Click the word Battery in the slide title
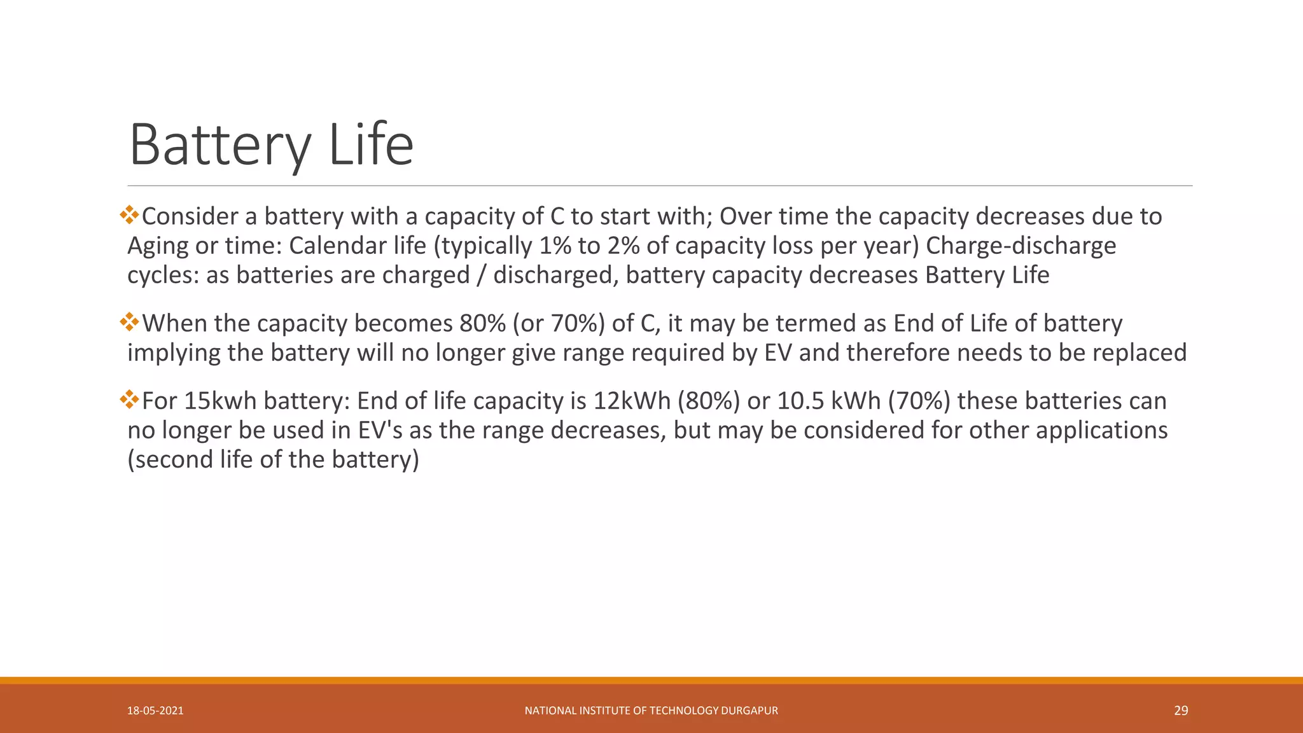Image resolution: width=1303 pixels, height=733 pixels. (x=219, y=145)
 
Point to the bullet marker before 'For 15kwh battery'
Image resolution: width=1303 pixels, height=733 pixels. (x=129, y=399)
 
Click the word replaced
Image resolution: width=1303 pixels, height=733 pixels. (x=1139, y=353)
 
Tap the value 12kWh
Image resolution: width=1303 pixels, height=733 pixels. (x=632, y=401)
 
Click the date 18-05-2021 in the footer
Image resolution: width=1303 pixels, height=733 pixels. (x=155, y=711)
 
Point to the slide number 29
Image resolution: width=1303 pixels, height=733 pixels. (x=1181, y=711)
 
